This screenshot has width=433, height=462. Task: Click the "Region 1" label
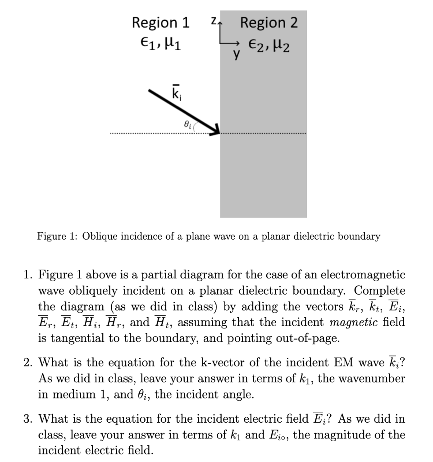160,23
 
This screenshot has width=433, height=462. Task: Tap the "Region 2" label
269,23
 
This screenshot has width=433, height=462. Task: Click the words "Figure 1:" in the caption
55,236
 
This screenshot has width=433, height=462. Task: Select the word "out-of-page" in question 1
306,338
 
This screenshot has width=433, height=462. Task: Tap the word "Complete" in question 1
379,291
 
